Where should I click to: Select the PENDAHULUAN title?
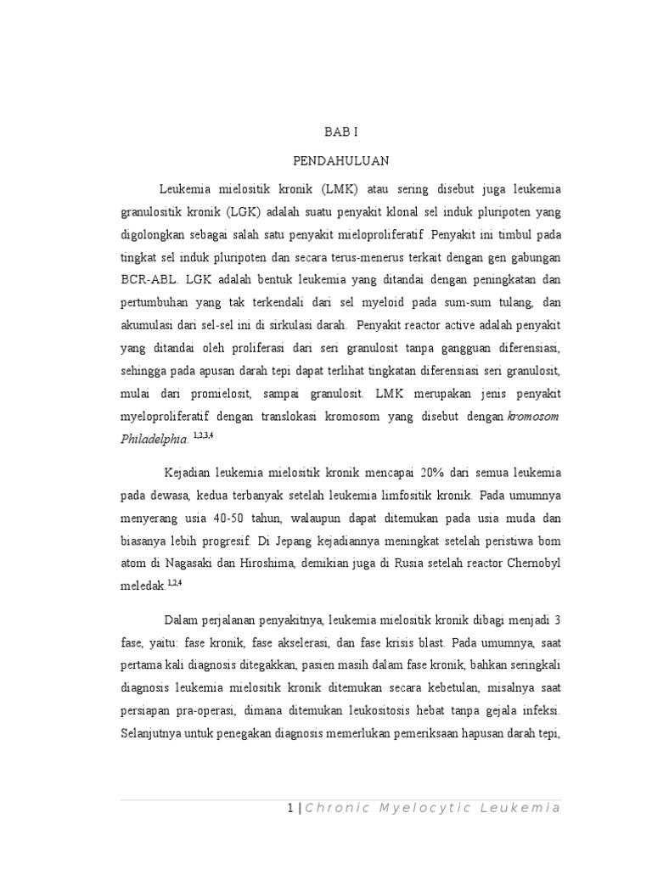click(x=343, y=160)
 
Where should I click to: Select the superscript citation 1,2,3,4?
click(x=204, y=434)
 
